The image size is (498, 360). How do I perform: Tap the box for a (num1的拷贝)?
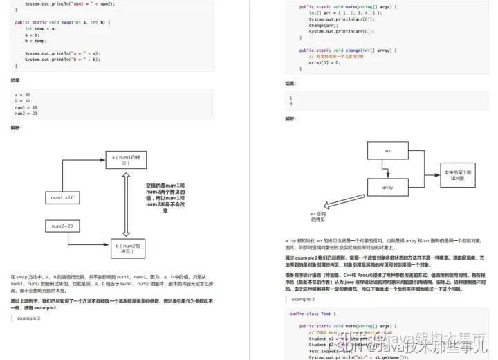coord(126,160)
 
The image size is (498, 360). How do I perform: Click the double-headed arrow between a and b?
coord(126,204)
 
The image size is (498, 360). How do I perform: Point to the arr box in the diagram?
coord(388,150)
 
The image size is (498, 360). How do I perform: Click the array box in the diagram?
coord(388,187)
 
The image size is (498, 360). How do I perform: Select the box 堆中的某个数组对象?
coord(457,175)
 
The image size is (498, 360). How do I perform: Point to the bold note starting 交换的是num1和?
coord(165,198)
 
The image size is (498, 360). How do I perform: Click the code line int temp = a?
coord(42,28)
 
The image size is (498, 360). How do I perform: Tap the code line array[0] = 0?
coord(324,62)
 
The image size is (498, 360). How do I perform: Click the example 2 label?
coord(29,318)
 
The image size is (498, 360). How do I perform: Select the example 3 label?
coord(303,299)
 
